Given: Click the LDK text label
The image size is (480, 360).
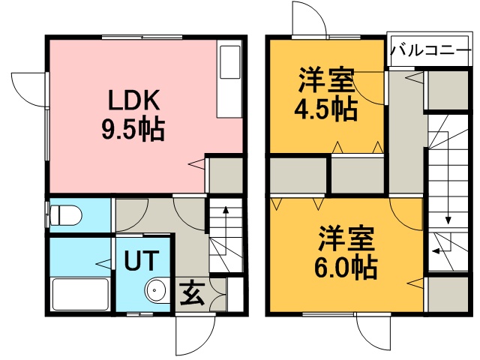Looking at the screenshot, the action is coord(134,100).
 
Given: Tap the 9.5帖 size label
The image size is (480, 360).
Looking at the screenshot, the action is coord(133,129).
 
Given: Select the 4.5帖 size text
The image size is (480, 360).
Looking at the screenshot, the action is coord(326,109).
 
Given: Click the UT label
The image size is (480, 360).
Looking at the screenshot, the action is coord(142,260).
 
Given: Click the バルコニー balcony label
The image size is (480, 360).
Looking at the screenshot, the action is coord(430,50).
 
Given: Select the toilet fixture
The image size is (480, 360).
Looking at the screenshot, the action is coord(65,215).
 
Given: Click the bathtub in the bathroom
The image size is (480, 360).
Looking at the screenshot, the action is coord(81,294).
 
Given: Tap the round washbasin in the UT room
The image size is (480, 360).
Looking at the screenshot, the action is coord(155,289).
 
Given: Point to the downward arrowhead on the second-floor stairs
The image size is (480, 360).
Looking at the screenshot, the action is coord(448,220).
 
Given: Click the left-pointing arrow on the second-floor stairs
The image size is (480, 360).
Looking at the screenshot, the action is coord(441,251).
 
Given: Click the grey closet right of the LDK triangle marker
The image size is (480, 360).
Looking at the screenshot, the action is coord(226,175).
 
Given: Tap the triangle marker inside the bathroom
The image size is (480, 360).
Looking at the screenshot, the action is coord(103,264).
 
